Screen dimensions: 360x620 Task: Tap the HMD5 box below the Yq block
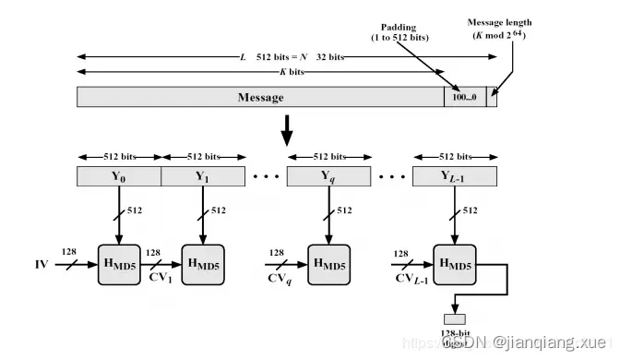(x=329, y=266)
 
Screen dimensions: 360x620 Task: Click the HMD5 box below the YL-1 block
(x=455, y=266)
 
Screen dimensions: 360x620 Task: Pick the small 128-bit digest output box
(x=455, y=319)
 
